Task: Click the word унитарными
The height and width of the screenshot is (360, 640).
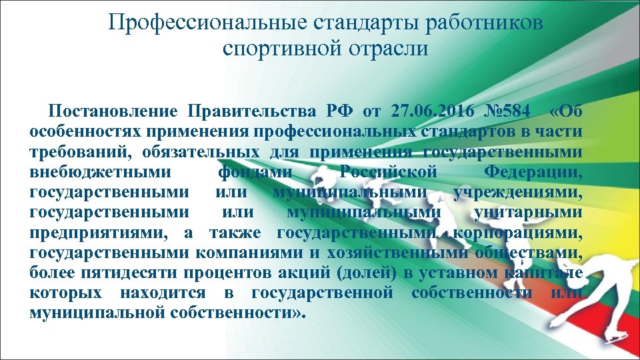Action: click(527, 213)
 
